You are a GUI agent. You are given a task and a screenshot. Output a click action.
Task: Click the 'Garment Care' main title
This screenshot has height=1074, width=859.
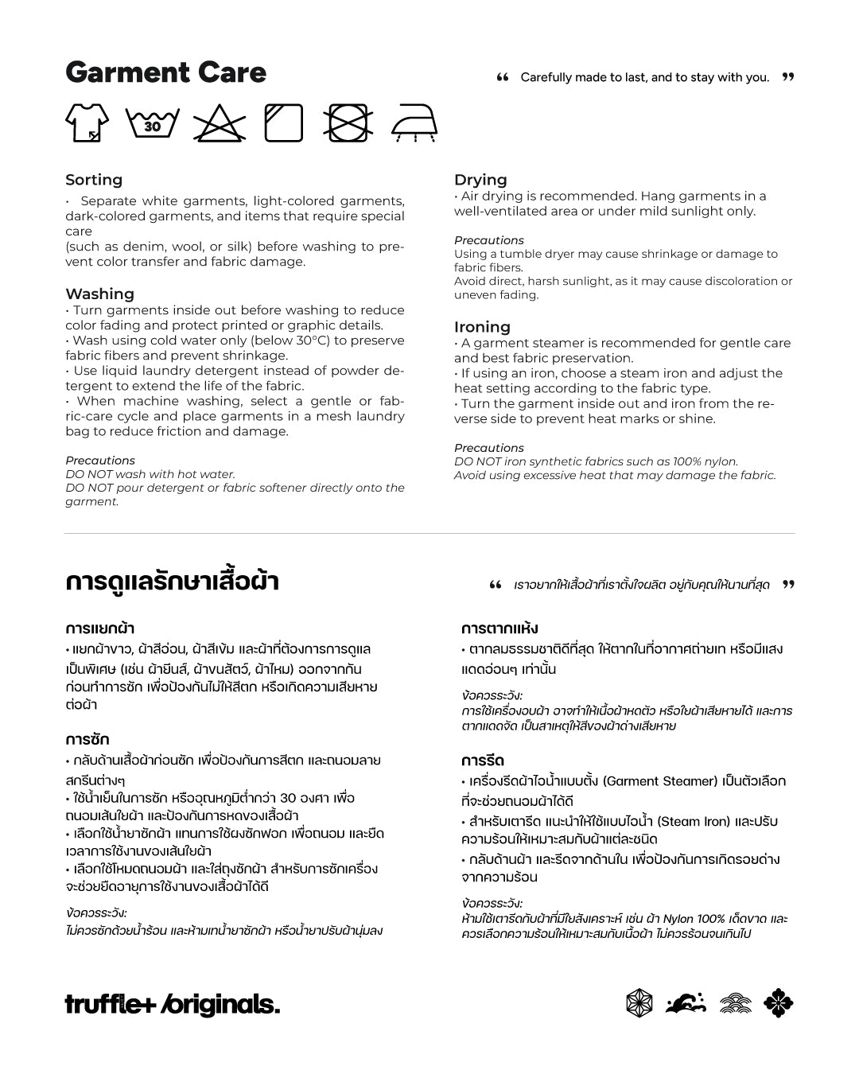click(165, 72)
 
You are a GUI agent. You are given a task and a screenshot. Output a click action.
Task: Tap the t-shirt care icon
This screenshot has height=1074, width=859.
click(87, 123)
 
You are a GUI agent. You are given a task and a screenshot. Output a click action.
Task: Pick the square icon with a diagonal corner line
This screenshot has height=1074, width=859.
click(284, 123)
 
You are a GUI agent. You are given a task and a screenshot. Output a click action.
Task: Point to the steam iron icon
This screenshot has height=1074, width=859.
click(415, 123)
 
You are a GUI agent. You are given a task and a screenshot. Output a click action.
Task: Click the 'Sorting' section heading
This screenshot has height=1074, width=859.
click(94, 180)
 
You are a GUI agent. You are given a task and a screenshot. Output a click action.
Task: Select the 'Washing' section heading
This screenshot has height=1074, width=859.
click(99, 294)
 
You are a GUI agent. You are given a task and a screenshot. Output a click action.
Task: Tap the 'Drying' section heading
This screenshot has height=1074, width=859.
click(480, 180)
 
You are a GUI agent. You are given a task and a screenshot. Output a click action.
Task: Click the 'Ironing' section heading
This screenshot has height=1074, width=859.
click(482, 327)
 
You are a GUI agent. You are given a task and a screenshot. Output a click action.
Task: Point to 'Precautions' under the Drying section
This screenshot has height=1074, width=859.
click(488, 240)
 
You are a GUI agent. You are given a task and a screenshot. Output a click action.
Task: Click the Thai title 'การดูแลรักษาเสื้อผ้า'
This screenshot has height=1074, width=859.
click(172, 582)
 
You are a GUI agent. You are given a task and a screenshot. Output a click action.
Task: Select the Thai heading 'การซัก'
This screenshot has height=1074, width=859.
click(87, 739)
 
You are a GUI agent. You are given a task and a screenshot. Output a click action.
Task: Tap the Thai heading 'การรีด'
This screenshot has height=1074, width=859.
click(483, 761)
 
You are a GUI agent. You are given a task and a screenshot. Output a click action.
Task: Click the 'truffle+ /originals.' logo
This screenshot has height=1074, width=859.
click(173, 1005)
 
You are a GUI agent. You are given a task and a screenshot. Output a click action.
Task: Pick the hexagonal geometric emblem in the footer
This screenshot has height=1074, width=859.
click(639, 1003)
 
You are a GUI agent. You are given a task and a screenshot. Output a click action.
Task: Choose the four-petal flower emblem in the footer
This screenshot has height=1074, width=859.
click(779, 1003)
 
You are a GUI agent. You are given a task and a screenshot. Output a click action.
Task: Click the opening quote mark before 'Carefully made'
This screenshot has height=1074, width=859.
click(502, 77)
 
